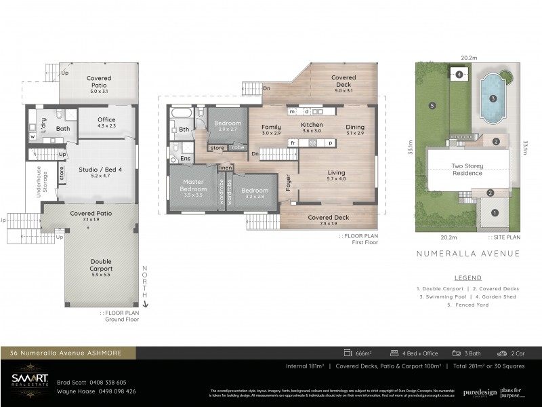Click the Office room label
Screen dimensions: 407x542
point(107,120)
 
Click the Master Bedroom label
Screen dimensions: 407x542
point(192,187)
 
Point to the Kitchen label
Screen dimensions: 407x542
point(312,125)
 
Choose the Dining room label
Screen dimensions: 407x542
point(355,127)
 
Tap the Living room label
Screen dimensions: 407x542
point(336,173)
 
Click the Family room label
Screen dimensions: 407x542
point(271,127)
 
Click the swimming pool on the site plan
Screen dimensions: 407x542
point(493,98)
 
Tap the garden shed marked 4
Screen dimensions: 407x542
point(459,75)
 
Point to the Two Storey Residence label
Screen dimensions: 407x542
point(467,169)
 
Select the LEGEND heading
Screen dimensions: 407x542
point(468,277)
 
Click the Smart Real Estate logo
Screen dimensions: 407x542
point(30,380)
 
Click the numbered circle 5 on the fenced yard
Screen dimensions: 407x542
point(431,105)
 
